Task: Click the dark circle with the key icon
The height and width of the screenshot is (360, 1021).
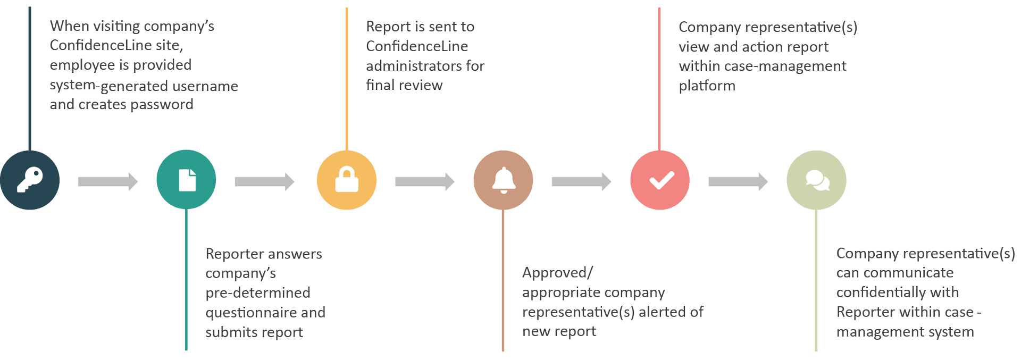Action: pos(30,180)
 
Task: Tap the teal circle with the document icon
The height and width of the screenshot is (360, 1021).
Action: pos(186,180)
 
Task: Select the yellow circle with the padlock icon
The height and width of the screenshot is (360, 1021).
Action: pos(346,180)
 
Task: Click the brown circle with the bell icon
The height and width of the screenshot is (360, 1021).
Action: pos(503,180)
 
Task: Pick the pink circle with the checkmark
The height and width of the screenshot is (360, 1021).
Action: pos(660,180)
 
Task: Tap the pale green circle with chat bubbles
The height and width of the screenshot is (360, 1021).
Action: pos(816,180)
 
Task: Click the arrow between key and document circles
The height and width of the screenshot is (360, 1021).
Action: pos(107,182)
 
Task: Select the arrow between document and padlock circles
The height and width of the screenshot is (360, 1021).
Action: pos(264,182)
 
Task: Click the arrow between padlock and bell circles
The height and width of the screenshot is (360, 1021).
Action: pos(424,182)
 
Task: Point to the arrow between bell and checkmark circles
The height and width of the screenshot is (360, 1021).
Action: pos(581,182)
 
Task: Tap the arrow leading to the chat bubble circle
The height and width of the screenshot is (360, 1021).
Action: pos(738,182)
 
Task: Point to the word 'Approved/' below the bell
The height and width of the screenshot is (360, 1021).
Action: pos(557,273)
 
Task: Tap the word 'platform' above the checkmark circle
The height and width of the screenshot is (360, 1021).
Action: pos(707,86)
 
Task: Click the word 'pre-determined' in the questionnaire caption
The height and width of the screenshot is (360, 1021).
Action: pos(258,293)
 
